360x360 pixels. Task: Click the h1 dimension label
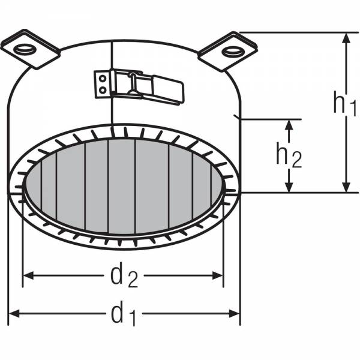344,103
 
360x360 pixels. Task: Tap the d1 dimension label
123,313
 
